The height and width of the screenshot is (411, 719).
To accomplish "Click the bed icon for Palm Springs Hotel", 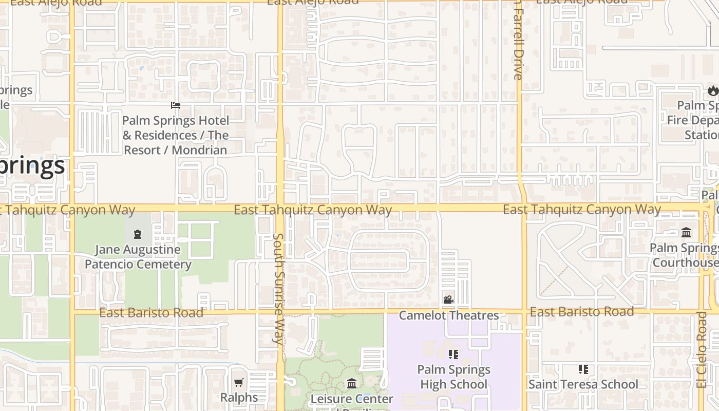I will [176, 105].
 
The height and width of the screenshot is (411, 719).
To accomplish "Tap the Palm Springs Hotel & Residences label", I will [176, 135].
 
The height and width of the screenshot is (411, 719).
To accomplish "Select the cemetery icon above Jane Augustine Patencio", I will [138, 235].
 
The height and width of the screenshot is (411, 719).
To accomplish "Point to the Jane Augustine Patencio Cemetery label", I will [138, 257].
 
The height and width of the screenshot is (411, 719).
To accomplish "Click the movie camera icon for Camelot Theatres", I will [448, 300].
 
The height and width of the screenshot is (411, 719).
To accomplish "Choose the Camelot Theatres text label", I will [449, 315].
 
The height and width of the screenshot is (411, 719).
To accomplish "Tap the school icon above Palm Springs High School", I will [453, 354].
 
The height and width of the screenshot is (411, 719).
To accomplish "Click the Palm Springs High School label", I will [453, 377].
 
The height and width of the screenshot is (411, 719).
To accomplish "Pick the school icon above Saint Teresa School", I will [583, 369].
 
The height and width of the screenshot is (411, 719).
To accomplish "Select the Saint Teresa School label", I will [583, 384].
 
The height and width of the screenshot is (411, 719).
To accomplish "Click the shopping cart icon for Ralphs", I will [238, 382].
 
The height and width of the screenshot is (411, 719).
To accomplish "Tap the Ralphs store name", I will [239, 397].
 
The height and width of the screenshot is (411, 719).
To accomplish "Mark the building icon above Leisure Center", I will [352, 383].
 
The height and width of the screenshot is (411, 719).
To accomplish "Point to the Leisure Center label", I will [352, 399].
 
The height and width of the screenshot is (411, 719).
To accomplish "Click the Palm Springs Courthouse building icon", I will [686, 233].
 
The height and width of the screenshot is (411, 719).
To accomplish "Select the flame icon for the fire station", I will [712, 91].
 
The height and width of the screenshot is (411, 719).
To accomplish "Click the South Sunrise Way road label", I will [278, 288].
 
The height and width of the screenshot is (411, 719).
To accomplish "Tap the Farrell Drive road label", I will [518, 41].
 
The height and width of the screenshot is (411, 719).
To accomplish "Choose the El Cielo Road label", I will [702, 349].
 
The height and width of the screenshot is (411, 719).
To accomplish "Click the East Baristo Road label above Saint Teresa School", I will [582, 312].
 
